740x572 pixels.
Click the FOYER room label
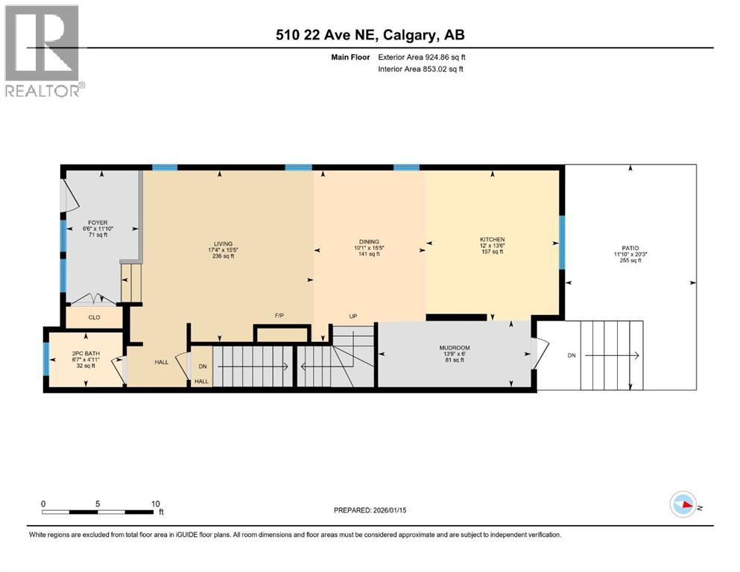tap(98, 222)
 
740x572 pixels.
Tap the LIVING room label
tap(223, 244)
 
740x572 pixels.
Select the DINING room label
tap(369, 241)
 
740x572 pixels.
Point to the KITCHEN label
tap(492, 240)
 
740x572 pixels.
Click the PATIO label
tap(630, 248)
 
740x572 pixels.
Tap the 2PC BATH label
tap(84, 353)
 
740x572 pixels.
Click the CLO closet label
tap(94, 317)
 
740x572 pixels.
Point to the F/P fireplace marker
tap(279, 316)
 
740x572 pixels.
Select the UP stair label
tap(353, 316)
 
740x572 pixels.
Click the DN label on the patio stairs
tap(572, 356)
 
